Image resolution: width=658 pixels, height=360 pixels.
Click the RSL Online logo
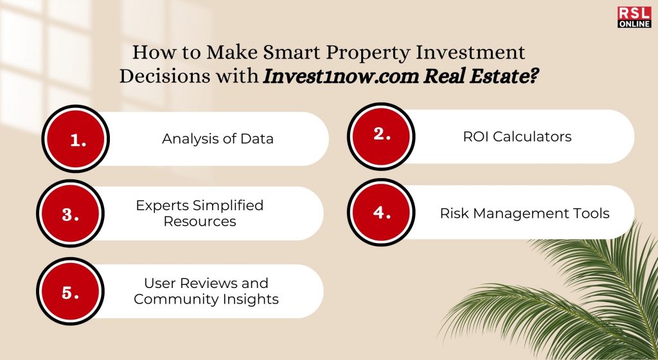(634, 17)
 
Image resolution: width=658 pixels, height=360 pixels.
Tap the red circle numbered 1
(76, 139)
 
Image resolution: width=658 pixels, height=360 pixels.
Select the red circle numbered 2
(381, 136)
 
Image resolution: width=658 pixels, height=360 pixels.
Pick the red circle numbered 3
(70, 213)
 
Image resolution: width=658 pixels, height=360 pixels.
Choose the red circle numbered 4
(381, 212)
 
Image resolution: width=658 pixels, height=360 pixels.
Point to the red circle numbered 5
(70, 291)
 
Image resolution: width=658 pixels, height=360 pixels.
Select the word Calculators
(532, 136)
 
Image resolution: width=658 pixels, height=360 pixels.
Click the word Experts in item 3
(163, 206)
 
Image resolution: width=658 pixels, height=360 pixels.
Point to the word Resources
(200, 221)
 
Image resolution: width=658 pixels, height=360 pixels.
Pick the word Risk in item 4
(449, 213)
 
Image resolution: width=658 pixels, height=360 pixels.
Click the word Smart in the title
(292, 53)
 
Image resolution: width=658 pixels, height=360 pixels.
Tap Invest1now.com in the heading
(341, 76)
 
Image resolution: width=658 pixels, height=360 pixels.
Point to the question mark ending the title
(533, 76)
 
